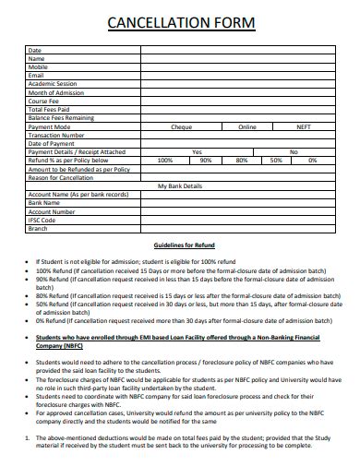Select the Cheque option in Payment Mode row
click(182, 126)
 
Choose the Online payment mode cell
click(246, 126)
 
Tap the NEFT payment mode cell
click(304, 126)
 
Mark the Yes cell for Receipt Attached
click(196, 151)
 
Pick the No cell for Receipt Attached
click(294, 151)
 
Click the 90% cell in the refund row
click(205, 160)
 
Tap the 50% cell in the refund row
click(275, 160)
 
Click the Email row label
click(37, 75)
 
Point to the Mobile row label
click(39, 66)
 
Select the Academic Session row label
click(54, 83)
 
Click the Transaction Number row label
click(57, 135)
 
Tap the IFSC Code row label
click(42, 220)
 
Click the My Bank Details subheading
click(179, 185)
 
